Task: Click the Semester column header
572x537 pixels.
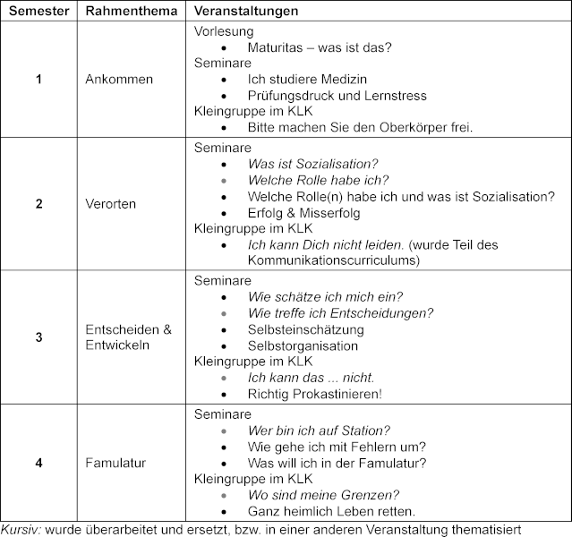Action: (38, 11)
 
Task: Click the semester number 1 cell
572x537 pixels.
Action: (38, 80)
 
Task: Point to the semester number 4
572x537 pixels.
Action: (38, 463)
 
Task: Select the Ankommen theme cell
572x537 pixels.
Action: (118, 80)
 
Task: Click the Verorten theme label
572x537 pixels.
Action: (111, 203)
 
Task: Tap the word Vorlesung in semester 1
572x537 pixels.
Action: (224, 31)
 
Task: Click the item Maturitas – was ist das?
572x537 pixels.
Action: (318, 47)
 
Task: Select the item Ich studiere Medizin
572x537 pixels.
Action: (308, 80)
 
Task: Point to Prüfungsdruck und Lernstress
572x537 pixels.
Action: (337, 96)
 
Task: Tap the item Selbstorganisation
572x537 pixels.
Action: (304, 345)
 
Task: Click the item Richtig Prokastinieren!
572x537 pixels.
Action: (315, 394)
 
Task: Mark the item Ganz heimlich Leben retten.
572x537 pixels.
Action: (331, 511)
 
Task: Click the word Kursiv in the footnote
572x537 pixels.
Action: (19, 528)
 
